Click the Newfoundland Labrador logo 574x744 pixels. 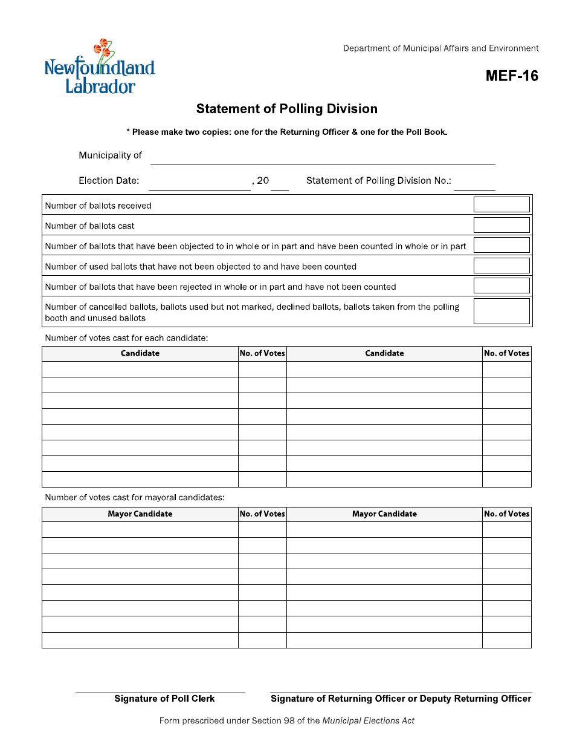click(x=100, y=68)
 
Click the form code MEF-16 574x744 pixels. click(x=511, y=76)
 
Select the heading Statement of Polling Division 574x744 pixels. click(x=287, y=109)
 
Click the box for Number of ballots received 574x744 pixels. click(x=501, y=204)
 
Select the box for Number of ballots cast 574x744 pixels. click(x=501, y=225)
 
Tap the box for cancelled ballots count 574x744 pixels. click(x=501, y=312)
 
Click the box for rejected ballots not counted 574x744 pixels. click(x=501, y=286)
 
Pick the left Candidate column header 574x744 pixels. click(x=140, y=353)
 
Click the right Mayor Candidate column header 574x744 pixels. click(x=384, y=514)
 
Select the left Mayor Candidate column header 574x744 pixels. click(x=140, y=514)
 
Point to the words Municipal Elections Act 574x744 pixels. click(x=368, y=720)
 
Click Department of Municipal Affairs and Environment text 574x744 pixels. click(x=441, y=48)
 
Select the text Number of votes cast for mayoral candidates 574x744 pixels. click(x=135, y=497)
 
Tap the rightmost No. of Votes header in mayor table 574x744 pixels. click(x=506, y=514)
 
